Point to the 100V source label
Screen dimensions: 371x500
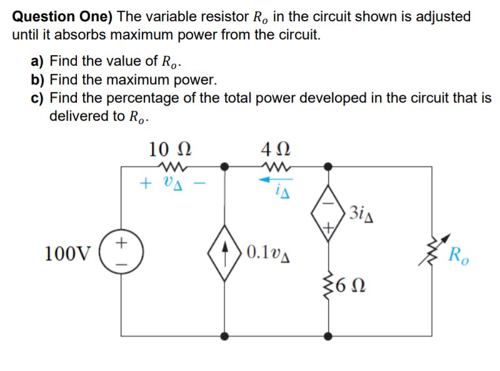click(x=68, y=253)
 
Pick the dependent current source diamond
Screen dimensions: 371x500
click(x=226, y=253)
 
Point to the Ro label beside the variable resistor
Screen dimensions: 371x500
click(x=461, y=256)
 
